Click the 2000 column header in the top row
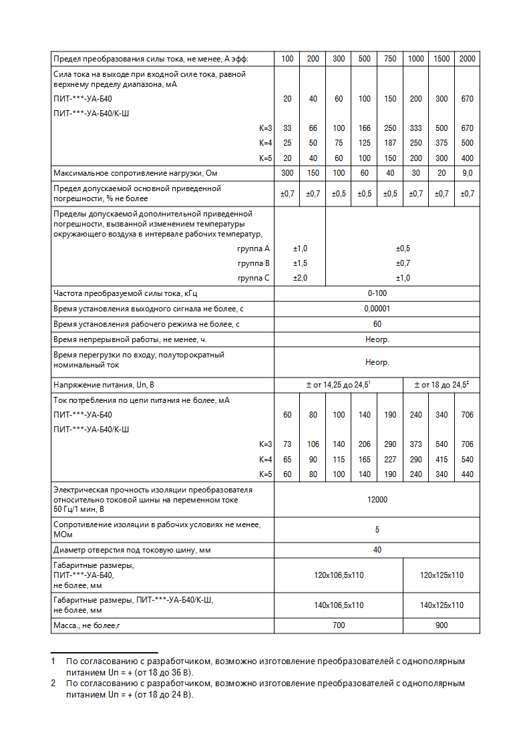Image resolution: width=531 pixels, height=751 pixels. [467, 59]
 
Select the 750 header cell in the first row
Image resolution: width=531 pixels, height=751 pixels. [390, 59]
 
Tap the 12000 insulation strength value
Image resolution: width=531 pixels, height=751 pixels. [377, 500]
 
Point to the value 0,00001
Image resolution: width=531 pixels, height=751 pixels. [377, 309]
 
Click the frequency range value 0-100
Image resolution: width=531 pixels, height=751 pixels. [377, 293]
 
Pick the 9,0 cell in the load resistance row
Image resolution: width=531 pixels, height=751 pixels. [467, 173]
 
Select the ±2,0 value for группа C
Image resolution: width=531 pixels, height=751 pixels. [300, 278]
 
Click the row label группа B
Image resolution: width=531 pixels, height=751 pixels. [253, 263]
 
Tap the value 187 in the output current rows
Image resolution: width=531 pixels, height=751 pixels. [390, 143]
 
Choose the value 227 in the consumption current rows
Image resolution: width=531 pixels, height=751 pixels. [390, 460]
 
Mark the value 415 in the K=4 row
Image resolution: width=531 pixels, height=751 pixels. [441, 460]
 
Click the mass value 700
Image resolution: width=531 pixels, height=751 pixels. [339, 625]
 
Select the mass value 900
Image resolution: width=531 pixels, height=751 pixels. [441, 625]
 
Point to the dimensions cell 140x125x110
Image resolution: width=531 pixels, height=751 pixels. [441, 605]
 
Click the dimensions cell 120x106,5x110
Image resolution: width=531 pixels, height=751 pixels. [339, 575]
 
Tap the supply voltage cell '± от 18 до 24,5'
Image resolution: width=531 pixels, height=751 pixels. [441, 386]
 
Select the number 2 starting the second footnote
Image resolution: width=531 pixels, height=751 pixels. [53, 684]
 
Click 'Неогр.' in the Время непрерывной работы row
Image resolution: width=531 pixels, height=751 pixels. [377, 339]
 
